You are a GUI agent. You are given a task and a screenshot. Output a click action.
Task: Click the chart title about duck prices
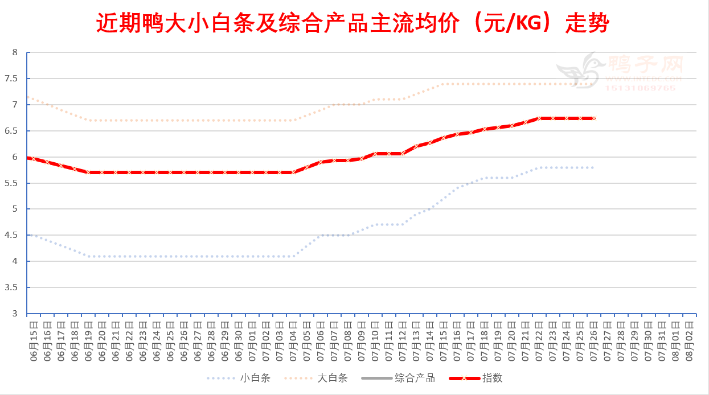tap(353, 24)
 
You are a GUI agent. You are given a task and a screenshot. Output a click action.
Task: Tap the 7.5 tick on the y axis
tap(15, 79)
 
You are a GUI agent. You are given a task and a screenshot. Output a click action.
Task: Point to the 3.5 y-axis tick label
tap(15, 287)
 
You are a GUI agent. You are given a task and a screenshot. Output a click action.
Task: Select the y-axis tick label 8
tap(15, 52)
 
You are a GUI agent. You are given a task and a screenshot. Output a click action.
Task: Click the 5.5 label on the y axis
tap(15, 183)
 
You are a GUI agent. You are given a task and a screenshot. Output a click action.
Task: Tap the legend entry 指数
tap(493, 378)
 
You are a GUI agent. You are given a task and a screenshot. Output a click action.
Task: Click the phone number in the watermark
tap(640, 88)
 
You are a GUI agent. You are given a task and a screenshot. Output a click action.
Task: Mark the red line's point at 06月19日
tap(89, 172)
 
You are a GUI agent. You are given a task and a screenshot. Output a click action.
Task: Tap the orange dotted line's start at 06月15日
tap(28, 97)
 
